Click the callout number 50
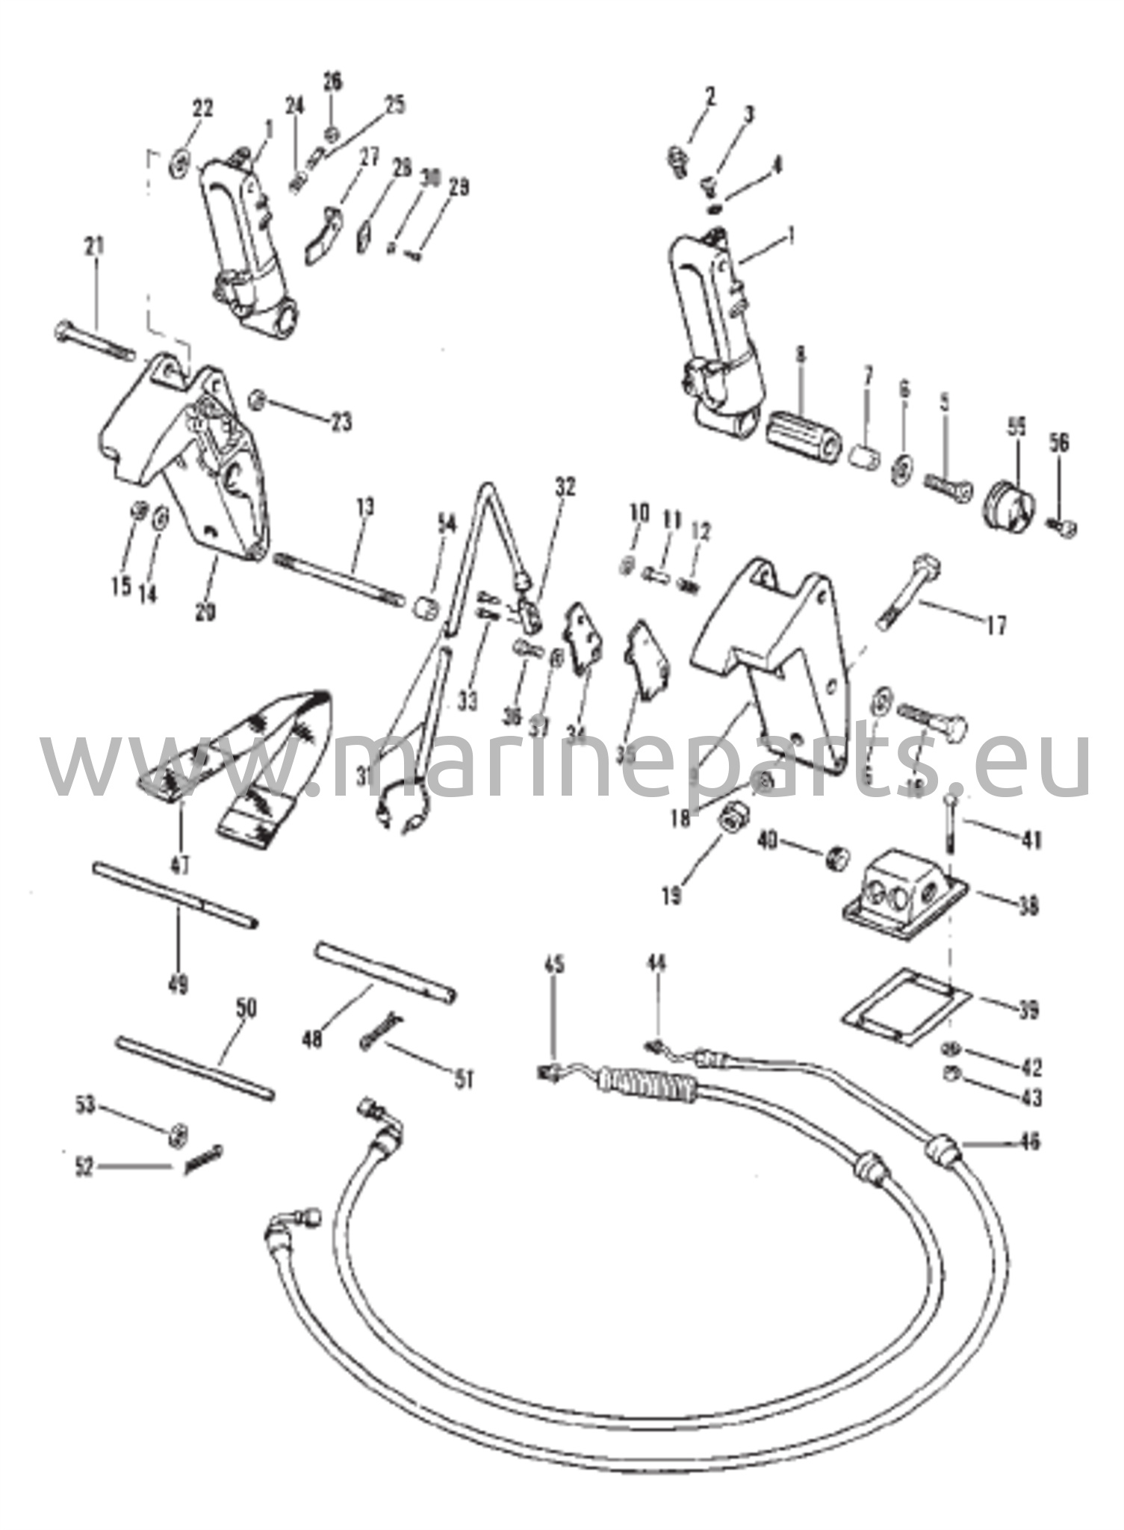246,1009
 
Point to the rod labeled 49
176,896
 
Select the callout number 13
365,508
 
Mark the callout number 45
554,965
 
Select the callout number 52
85,1167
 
